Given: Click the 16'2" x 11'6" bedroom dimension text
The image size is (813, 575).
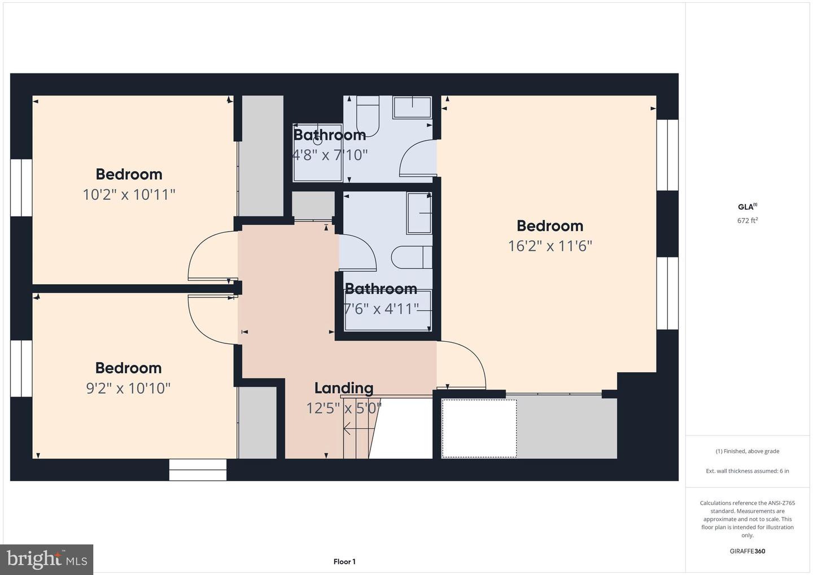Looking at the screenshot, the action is [x=550, y=246].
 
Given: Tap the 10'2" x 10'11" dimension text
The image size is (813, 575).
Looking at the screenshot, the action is [x=129, y=195].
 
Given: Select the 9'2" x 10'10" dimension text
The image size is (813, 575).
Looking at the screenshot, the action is [x=128, y=389].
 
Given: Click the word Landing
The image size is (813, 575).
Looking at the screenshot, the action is [x=344, y=388].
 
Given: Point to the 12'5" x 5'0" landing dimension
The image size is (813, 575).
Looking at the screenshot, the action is [x=344, y=408].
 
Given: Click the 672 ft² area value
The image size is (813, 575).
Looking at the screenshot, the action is [x=748, y=220].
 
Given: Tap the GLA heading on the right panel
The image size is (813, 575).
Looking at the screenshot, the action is [x=748, y=207].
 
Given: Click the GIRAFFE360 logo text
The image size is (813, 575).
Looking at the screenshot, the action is [x=748, y=551].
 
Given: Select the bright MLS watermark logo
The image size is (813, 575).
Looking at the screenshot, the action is [x=46, y=560].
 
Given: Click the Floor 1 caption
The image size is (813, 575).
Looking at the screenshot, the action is [x=344, y=561].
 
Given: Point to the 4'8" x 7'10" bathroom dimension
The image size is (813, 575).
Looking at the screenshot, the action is [x=330, y=155].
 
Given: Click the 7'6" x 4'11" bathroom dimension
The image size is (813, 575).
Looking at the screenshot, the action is [x=381, y=309].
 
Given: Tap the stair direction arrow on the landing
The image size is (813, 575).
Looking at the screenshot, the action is [x=359, y=429].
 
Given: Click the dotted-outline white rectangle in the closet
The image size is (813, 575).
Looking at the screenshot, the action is [x=479, y=429].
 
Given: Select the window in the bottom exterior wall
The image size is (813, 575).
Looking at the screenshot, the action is [x=198, y=470].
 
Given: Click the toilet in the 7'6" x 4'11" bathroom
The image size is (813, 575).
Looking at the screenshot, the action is [x=412, y=258].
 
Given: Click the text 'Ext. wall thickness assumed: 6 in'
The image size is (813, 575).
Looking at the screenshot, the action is [x=748, y=471].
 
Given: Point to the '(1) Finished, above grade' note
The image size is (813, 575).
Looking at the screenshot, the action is [x=748, y=451].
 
